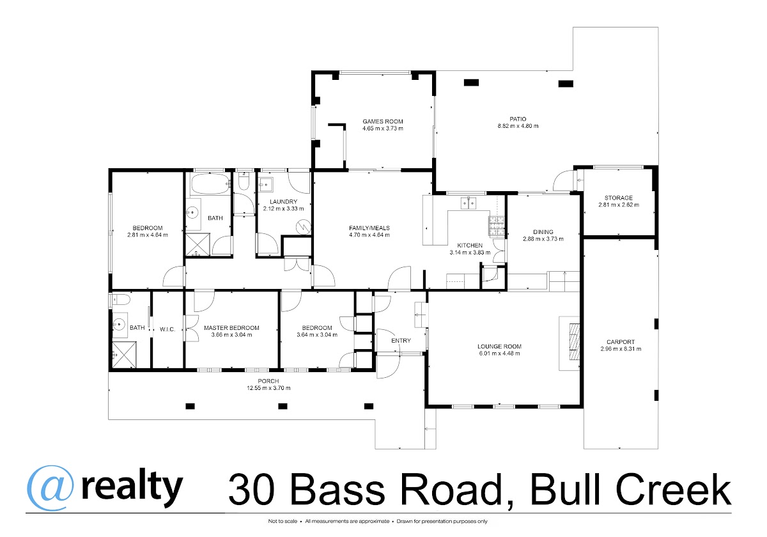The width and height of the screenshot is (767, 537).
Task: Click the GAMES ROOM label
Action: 383,121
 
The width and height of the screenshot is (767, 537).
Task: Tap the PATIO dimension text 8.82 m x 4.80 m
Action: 518,126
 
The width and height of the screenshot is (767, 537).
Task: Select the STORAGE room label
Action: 619,198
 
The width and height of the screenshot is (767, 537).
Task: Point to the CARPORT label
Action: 621,342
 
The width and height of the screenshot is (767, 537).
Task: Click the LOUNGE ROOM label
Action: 499,346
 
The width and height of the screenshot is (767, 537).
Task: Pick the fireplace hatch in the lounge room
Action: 574,342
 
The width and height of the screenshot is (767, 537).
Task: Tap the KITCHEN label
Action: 470,245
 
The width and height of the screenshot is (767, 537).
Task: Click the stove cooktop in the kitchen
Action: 497,226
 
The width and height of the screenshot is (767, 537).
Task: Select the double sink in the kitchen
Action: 468,203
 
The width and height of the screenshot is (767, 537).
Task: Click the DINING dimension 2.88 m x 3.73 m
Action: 543,239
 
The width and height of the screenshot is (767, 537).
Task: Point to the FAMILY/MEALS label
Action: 369,228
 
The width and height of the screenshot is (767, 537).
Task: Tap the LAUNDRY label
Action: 283,202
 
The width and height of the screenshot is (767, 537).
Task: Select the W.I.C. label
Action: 167,329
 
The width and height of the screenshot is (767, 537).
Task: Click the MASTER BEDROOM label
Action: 231,328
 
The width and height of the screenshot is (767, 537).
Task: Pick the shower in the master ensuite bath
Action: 124,355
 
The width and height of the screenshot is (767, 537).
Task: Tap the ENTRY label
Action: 401,341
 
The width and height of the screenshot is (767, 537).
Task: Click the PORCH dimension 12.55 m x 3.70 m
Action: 268,388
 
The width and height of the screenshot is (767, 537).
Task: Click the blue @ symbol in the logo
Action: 50,488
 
